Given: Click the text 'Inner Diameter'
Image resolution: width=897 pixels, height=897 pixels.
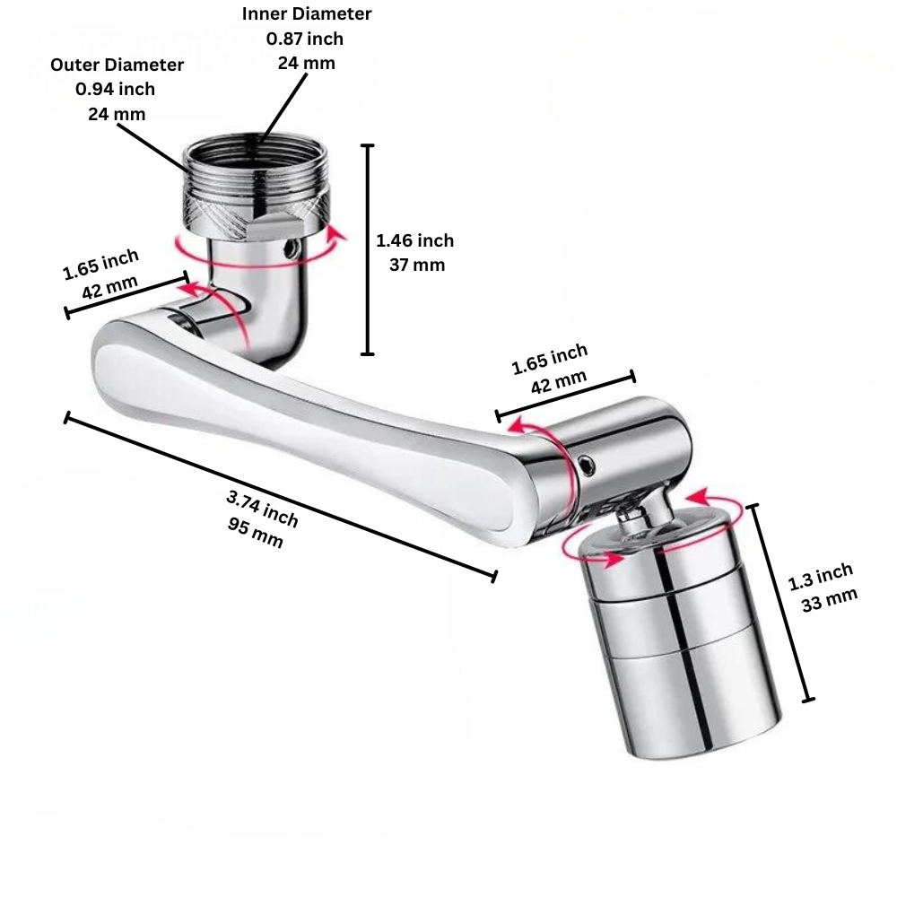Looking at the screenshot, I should [306, 14].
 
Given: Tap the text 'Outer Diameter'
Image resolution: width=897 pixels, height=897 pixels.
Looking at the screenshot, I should [117, 65].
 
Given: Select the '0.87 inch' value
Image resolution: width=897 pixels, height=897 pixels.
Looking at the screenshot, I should [304, 39].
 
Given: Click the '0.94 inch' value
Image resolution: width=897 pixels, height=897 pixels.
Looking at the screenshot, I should [115, 89].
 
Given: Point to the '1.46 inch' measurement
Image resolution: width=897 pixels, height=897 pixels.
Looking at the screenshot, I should [414, 240].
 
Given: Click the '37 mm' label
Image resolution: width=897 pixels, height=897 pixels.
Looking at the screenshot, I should [416, 265].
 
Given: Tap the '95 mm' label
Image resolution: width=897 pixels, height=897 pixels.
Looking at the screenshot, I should [256, 536].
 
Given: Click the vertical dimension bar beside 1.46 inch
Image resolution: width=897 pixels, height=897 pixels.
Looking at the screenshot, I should [367, 249].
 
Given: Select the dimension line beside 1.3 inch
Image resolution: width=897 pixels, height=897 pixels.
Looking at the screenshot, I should [781, 603].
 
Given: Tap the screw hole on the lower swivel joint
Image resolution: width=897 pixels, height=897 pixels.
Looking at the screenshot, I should [587, 464].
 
